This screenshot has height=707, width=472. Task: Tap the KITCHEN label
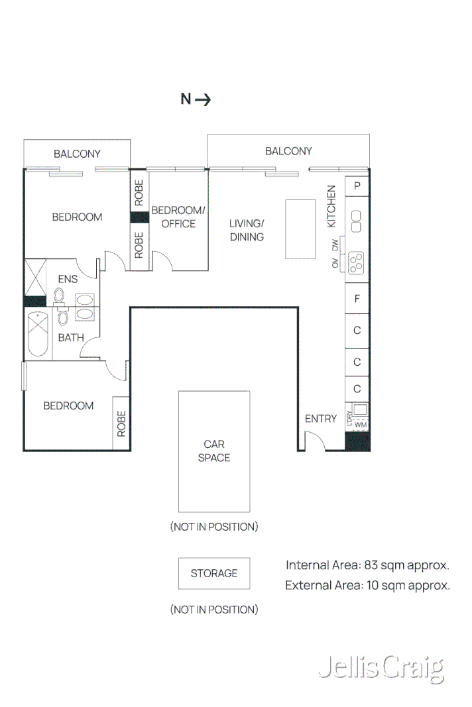click(331, 206)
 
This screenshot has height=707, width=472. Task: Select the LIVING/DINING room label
click(247, 230)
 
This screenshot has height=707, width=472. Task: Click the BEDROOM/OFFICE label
click(178, 217)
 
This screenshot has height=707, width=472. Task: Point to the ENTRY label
click(321, 419)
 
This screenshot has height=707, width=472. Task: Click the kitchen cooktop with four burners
click(357, 263)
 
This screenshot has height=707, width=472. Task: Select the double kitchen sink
click(357, 221)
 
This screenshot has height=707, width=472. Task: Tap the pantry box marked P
click(357, 186)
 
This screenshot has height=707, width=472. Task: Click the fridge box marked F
click(357, 299)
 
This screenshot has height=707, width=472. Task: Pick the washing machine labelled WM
click(360, 425)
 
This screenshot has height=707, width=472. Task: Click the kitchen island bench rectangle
click(300, 229)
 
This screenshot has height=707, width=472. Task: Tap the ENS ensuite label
click(68, 280)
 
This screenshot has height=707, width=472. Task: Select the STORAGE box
click(214, 573)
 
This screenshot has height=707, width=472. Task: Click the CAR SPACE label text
click(214, 451)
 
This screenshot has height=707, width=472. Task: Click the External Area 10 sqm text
click(367, 585)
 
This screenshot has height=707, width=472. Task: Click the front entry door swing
click(314, 441)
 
